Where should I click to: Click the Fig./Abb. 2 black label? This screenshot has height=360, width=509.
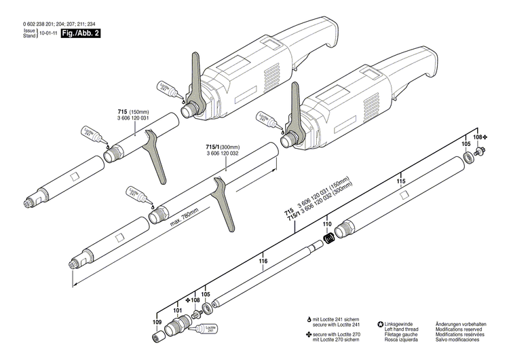(x=81, y=33)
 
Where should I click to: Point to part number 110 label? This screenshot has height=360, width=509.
(x=326, y=223)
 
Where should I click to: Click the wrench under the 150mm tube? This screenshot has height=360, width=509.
(x=155, y=157)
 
